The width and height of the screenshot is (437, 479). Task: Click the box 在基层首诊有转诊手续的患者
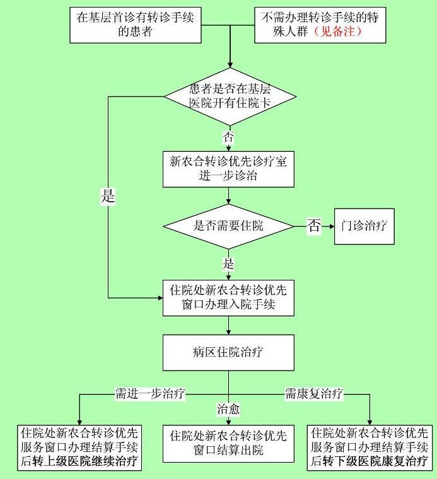click(135, 25)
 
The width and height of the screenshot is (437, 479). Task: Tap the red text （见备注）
click(338, 32)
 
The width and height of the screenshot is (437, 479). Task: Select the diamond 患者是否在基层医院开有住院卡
click(230, 96)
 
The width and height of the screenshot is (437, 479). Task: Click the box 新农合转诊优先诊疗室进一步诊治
click(228, 168)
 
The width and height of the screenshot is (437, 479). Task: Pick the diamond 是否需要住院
click(228, 226)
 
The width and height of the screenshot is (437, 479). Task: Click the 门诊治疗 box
click(364, 226)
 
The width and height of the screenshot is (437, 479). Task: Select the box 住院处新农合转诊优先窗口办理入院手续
click(228, 298)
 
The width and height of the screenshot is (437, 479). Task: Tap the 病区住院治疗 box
click(228, 352)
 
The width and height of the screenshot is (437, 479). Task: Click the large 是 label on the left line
click(108, 196)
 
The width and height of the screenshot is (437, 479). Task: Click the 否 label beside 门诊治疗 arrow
click(313, 226)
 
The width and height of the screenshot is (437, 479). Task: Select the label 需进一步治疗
click(149, 394)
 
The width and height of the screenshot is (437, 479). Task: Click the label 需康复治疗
click(313, 394)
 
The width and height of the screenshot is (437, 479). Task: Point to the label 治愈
click(228, 409)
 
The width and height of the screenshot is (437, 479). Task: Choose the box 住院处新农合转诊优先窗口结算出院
click(228, 443)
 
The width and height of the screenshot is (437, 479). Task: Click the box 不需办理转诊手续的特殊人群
click(320, 25)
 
